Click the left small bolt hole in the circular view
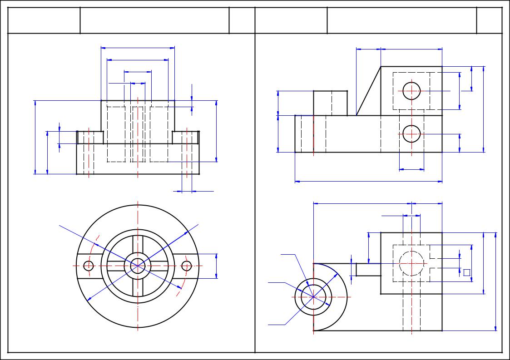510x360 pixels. [89, 266]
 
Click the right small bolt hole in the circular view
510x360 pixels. [187, 266]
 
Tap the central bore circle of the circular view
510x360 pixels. [138, 266]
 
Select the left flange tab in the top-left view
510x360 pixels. [90, 138]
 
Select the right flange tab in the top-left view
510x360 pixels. [186, 138]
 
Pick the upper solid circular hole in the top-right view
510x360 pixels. [411, 91]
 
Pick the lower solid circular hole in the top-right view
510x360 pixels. [411, 134]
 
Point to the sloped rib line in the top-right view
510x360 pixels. [368, 91]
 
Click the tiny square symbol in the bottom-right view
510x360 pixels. [466, 272]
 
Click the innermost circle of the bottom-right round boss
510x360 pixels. [313, 297]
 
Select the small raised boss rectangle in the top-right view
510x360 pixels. [330, 103]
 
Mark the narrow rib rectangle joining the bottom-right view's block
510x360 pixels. [368, 269]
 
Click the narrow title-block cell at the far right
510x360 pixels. [490, 20]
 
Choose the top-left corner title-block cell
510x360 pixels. [44, 20]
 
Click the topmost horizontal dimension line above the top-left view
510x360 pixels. [138, 47]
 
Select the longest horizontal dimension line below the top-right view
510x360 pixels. [368, 182]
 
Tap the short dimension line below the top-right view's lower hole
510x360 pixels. [411, 170]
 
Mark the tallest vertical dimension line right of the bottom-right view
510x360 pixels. [495, 281]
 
